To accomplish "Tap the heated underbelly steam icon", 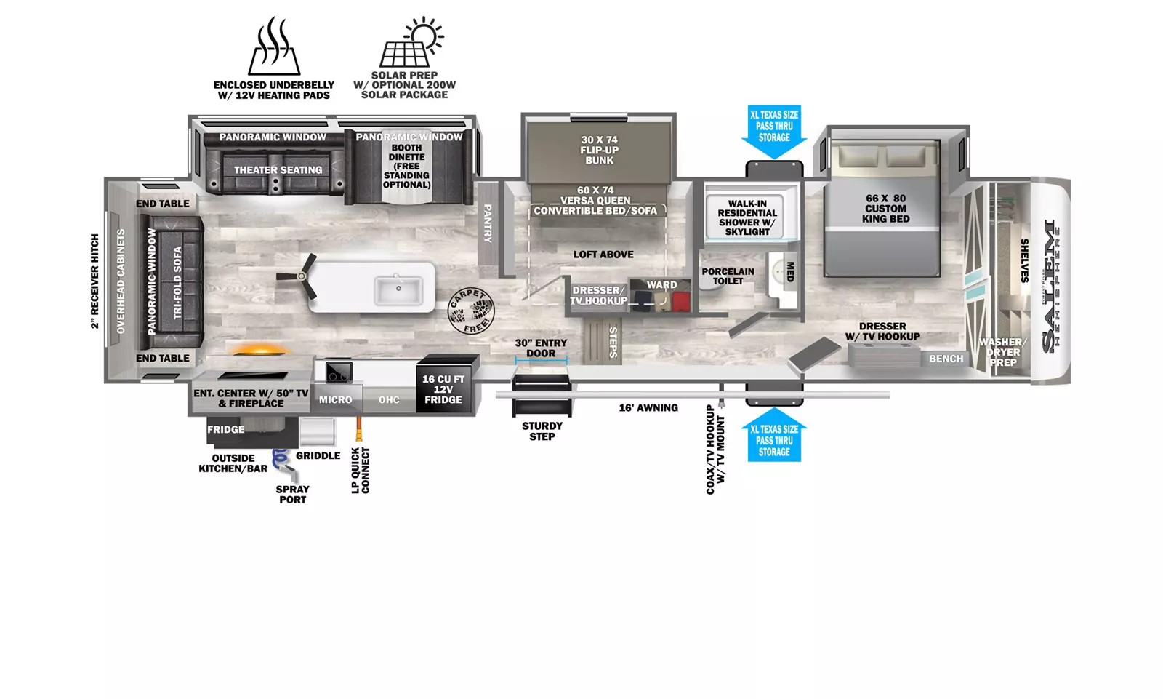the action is pos(274,46).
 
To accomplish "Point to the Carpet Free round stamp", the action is pos(471,311).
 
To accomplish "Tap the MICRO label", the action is pos(335,399).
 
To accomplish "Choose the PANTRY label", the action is pos(488,223).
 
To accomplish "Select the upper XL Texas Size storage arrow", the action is pos(774,132).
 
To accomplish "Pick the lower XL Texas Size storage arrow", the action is pos(774,435).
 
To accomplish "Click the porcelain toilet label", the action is pos(728,276).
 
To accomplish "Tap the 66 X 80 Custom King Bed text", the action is pos(886,209).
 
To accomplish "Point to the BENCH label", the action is pos(946,359).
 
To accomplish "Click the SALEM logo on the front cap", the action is pos(1049,286).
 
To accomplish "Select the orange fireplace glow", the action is pos(259,350).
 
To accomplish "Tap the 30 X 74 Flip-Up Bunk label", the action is pos(599,150).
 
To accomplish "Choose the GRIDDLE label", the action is pos(318,456).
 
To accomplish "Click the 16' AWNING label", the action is pos(648,408).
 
